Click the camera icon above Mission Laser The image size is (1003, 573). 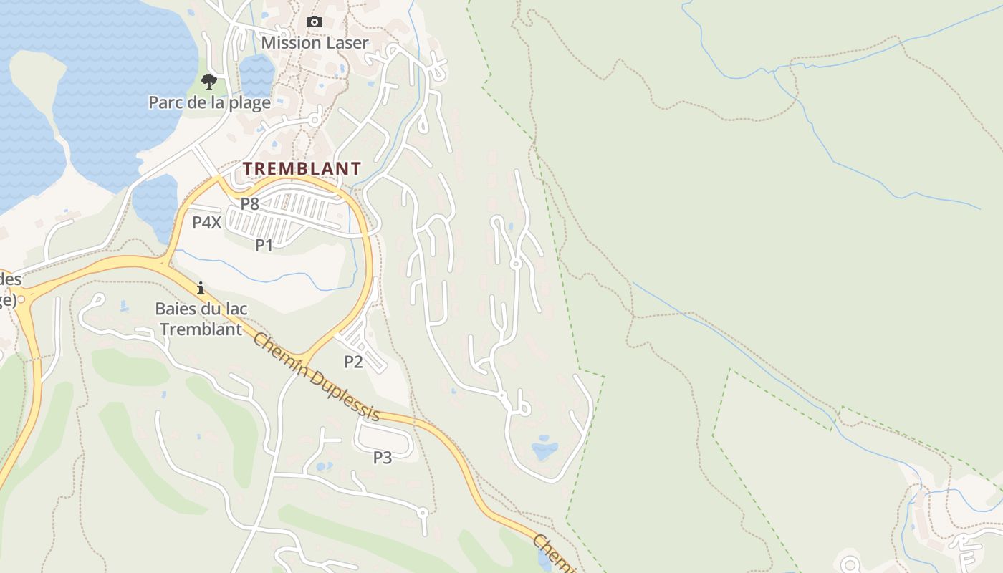[x=314, y=22]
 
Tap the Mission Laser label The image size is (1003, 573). [x=315, y=42]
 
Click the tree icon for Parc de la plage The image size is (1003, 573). [x=208, y=81]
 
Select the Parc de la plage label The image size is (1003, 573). [x=209, y=102]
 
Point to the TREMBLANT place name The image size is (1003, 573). [x=302, y=168]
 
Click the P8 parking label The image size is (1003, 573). [x=249, y=203]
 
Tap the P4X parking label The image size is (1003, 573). [x=206, y=222]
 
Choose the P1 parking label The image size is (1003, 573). [x=264, y=245]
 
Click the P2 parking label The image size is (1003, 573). [x=353, y=362]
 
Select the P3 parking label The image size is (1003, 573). [x=383, y=457]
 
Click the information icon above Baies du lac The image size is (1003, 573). [x=201, y=289]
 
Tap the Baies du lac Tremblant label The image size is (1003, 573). [x=201, y=319]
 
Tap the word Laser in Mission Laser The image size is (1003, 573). [x=347, y=42]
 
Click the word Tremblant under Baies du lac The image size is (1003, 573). [x=201, y=329]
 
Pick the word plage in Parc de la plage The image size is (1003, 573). [x=249, y=102]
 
